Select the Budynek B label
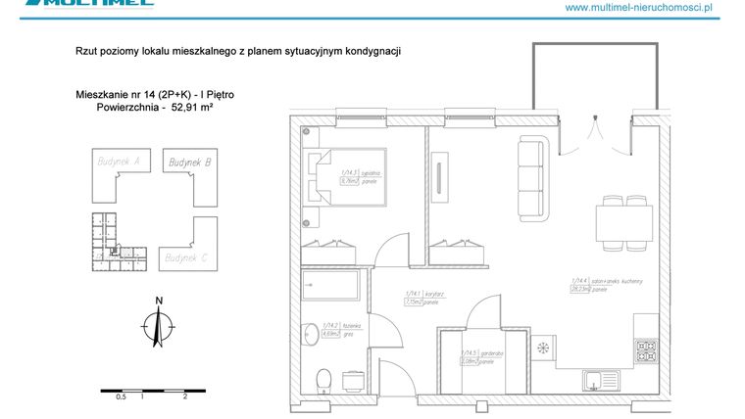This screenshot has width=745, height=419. click(x=189, y=163)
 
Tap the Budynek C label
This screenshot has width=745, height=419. click(x=187, y=257)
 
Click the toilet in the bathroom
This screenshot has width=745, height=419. click(x=323, y=378)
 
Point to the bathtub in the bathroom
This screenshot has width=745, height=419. click(x=330, y=287)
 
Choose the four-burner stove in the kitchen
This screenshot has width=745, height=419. click(x=647, y=349)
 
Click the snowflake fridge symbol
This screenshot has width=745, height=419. click(x=542, y=349)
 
